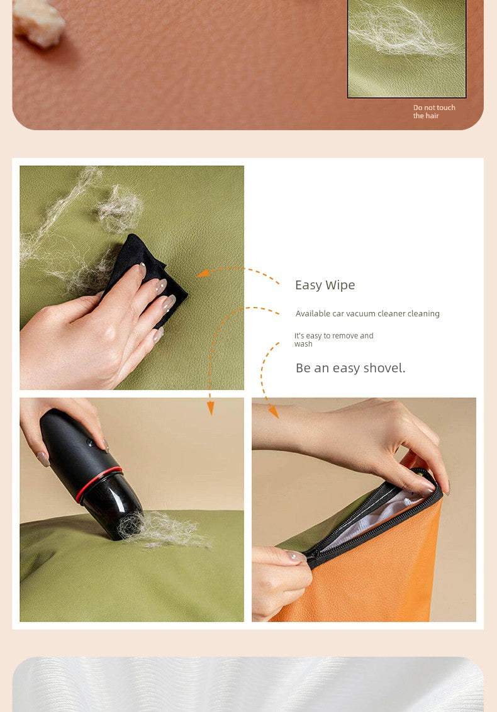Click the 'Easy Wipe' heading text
pos(325,285)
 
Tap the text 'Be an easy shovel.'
pos(350,368)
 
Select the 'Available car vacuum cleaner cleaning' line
pos(367,313)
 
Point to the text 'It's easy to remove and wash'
pos(334,340)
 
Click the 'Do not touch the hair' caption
pos(434,112)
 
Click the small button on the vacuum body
pos(90,442)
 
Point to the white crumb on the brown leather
pos(38,23)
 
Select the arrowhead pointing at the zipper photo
pos(274,412)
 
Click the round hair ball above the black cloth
pos(119,209)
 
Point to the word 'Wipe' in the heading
pos(340,286)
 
